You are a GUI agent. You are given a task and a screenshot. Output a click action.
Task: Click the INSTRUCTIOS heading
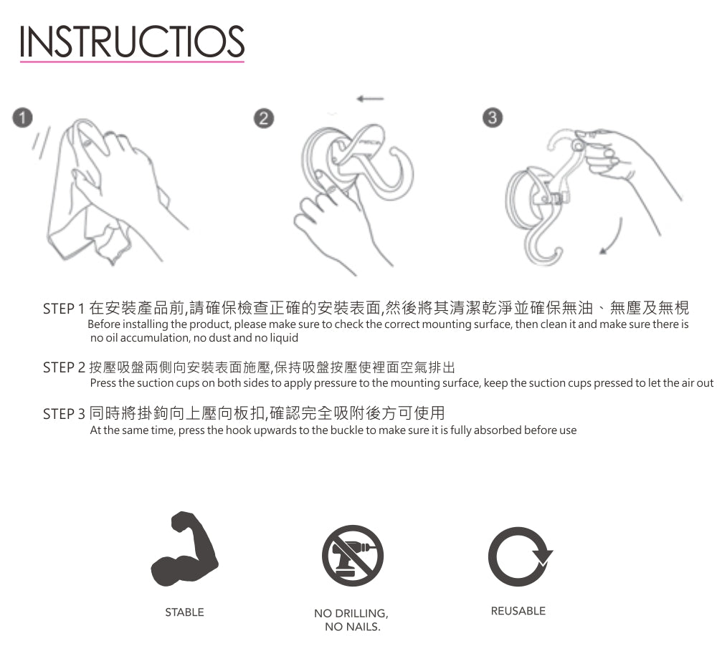point(132,42)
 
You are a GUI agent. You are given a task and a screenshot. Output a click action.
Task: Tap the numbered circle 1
point(22,117)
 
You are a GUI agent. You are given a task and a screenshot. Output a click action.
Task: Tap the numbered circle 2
point(263,118)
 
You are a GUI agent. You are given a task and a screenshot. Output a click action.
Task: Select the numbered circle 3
point(493,117)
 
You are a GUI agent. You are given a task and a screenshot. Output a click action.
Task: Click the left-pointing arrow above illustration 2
point(371,99)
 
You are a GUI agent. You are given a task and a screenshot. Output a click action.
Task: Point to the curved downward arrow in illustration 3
point(614,237)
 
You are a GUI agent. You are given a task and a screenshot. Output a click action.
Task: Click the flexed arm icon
point(185,549)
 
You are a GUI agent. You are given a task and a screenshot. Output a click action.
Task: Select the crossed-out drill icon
point(353,556)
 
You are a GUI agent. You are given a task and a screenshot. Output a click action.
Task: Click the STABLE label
point(184,612)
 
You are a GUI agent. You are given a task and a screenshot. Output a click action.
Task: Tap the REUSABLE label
point(518,611)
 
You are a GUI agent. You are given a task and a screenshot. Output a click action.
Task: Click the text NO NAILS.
point(353,627)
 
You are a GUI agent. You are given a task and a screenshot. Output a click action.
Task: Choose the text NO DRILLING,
point(351,614)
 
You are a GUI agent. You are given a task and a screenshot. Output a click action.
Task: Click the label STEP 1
point(64,309)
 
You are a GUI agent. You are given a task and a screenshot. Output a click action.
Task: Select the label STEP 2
point(64,367)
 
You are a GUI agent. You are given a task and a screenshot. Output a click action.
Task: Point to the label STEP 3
point(64,414)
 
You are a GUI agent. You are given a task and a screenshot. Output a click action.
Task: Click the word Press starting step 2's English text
point(103,383)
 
